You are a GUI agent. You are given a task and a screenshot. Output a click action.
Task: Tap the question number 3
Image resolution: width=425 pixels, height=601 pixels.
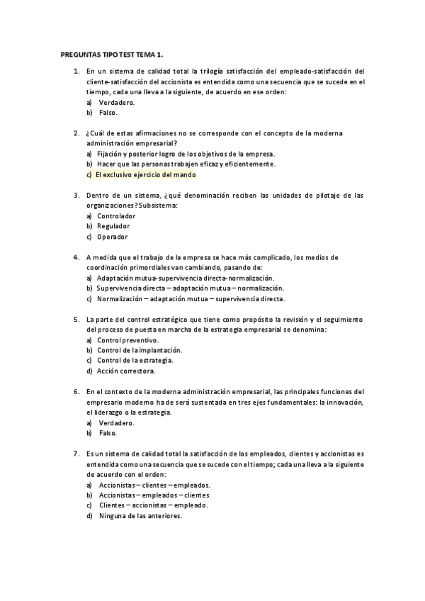coord(76,196)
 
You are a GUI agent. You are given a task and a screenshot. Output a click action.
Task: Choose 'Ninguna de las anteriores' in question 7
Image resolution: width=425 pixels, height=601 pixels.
coord(141,516)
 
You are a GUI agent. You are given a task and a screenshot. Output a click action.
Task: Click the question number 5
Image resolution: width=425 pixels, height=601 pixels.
coord(76,320)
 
